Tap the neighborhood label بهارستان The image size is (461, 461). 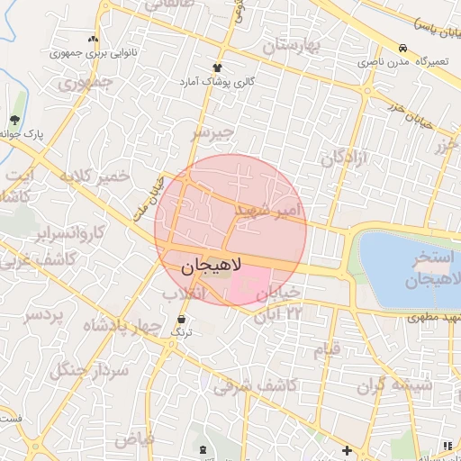coord(292,45)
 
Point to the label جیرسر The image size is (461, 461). coord(212,133)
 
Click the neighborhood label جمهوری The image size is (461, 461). coord(86,86)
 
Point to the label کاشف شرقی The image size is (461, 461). coord(245,386)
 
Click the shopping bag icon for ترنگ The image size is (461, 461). coord(182,320)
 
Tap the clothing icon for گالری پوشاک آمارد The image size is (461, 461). coord(217,68)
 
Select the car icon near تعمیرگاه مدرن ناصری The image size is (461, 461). coord(402,49)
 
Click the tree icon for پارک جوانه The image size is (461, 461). coord(14,120)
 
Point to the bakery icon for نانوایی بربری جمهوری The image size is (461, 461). coord(93,41)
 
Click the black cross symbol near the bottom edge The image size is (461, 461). coord(347,449)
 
